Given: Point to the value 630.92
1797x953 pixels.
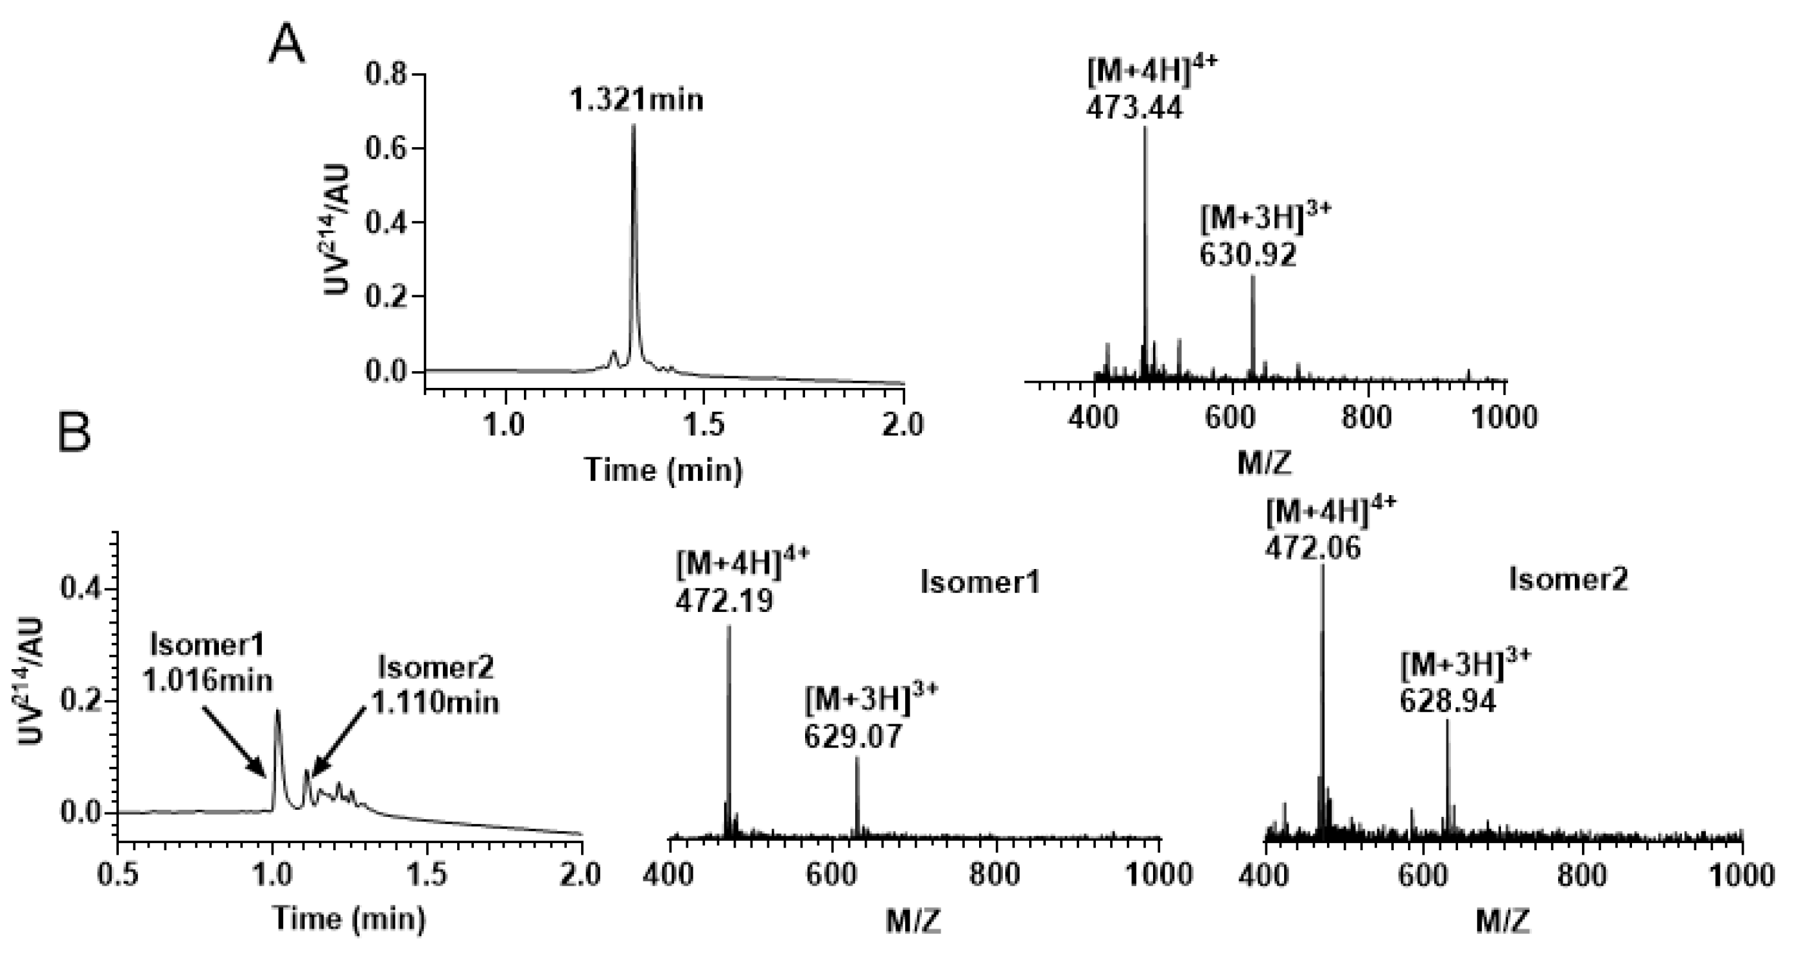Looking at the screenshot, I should (1248, 256).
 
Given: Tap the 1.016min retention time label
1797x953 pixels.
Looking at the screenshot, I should (207, 680).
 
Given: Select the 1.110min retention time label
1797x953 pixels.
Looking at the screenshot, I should (435, 703).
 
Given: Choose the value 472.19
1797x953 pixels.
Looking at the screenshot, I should (724, 600).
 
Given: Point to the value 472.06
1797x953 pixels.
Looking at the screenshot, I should (1312, 549).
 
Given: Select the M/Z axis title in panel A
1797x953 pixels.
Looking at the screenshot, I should (1264, 464).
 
